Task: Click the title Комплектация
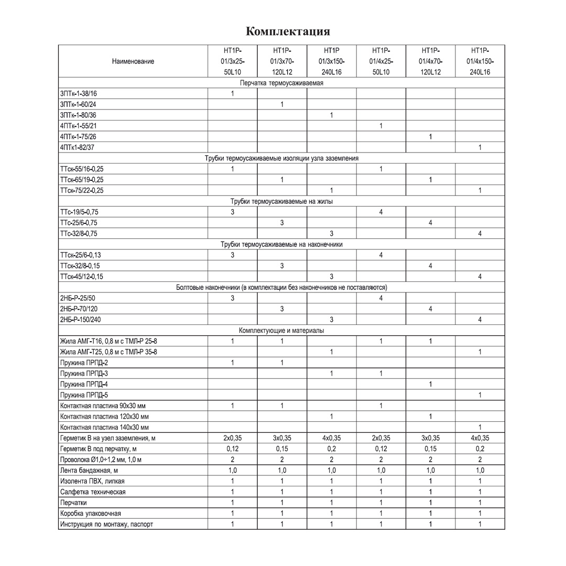pyautogui.click(x=288, y=31)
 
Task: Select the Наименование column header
pyautogui.click(x=133, y=61)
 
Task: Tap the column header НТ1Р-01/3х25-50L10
pyautogui.click(x=232, y=61)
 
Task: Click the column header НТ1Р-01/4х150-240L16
pyautogui.click(x=480, y=61)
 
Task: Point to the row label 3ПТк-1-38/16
pyautogui.click(x=79, y=94)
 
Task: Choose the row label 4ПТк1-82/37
pyautogui.click(x=78, y=148)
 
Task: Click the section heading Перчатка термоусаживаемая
pyautogui.click(x=281, y=83)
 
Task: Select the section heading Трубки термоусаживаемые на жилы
pyautogui.click(x=281, y=201)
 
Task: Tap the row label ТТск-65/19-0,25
pyautogui.click(x=82, y=180)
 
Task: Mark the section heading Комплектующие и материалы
pyautogui.click(x=281, y=330)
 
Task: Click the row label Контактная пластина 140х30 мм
pyautogui.click(x=104, y=427)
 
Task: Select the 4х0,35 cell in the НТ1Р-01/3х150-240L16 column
pyautogui.click(x=331, y=438)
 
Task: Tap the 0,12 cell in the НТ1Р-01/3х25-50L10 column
pyautogui.click(x=232, y=449)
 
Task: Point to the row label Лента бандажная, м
pyautogui.click(x=89, y=470)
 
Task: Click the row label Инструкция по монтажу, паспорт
pyautogui.click(x=107, y=524)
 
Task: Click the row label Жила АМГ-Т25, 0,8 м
pyautogui.click(x=108, y=352)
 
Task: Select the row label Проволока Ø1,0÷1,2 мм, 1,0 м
pyautogui.click(x=101, y=460)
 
